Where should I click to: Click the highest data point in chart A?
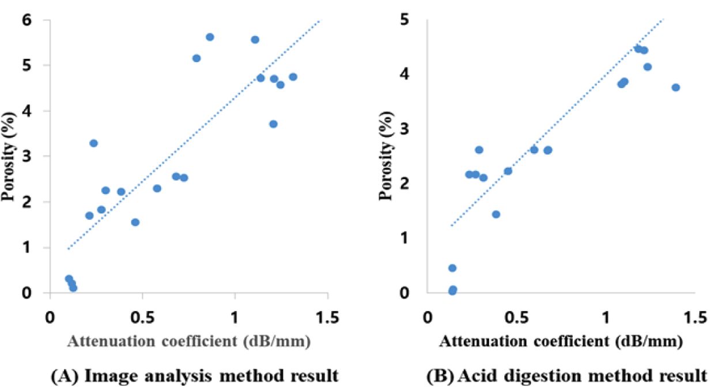(210, 37)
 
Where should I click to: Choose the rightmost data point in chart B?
(676, 88)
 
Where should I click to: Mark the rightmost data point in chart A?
(293, 77)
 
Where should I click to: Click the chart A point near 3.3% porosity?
(93, 143)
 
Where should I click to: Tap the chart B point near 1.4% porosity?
(496, 214)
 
